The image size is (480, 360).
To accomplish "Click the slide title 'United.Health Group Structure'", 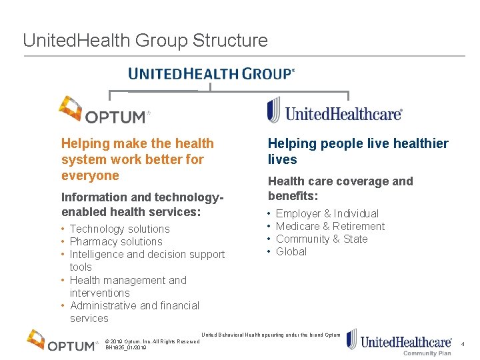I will [x=145, y=41].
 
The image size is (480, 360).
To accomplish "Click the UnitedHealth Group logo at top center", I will [x=211, y=73].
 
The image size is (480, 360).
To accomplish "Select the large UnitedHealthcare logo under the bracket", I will [x=335, y=111].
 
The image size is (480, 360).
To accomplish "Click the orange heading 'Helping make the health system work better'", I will [x=137, y=159].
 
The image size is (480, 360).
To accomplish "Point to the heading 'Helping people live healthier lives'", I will [x=358, y=151].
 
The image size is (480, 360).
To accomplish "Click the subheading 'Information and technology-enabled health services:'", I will [x=141, y=205].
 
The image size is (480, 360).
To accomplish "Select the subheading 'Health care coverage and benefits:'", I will [x=340, y=189].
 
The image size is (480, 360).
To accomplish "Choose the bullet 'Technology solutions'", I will [x=119, y=229].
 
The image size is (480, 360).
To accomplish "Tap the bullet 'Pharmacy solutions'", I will [x=116, y=241].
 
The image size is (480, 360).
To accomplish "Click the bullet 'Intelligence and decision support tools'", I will [x=147, y=260].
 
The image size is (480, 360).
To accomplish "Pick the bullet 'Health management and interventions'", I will [x=128, y=286].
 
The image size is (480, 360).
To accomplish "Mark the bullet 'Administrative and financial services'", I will [x=134, y=311].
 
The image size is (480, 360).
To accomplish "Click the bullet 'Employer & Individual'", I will [x=327, y=213].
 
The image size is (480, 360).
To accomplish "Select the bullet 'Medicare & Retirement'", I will [x=330, y=226].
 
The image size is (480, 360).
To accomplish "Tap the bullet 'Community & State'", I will [x=321, y=239].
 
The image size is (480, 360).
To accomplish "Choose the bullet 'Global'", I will [x=291, y=251].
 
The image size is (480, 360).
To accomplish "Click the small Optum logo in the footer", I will [x=63, y=341].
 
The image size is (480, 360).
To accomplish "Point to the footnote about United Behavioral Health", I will [x=271, y=335].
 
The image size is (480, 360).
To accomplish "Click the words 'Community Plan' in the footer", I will [x=427, y=353].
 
